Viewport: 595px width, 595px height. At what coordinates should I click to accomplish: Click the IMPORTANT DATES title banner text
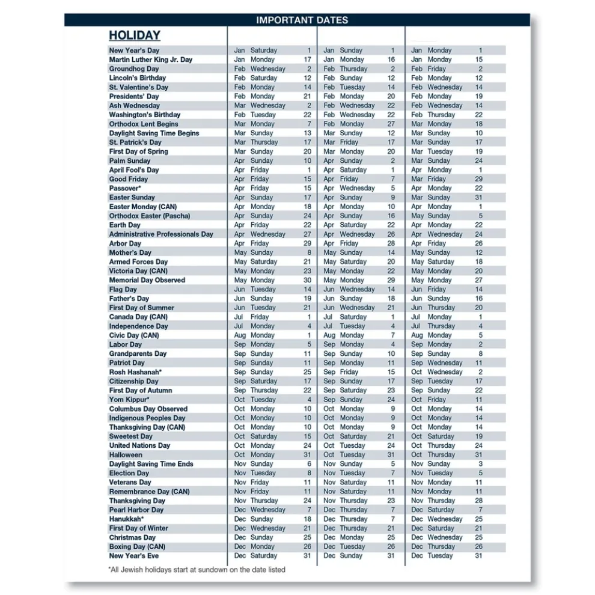[302, 20]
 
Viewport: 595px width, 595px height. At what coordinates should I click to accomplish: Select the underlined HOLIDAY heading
[135, 35]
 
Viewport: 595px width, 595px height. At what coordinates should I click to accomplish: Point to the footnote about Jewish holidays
[197, 569]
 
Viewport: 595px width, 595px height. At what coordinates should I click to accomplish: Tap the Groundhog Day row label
[134, 69]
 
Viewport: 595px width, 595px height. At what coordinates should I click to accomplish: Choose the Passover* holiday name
[124, 188]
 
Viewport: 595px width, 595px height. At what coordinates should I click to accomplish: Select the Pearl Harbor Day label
[136, 510]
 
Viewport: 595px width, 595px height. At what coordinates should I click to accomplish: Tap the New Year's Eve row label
[134, 556]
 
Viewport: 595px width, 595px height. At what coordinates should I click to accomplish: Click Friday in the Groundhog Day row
[437, 69]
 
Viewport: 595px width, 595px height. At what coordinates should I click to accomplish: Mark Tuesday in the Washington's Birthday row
[263, 115]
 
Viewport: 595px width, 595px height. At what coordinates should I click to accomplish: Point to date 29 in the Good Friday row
[478, 179]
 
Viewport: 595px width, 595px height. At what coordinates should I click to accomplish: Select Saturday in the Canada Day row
[353, 317]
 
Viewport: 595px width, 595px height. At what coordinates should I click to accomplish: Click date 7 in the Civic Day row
[392, 335]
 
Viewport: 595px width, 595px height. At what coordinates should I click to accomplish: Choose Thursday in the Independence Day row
[441, 326]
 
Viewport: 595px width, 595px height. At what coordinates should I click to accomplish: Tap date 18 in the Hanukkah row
[308, 519]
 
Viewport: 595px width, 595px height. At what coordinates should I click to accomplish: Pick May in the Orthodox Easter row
[417, 216]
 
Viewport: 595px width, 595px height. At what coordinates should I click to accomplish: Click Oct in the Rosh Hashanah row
[417, 372]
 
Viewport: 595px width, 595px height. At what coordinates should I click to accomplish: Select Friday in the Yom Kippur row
[437, 400]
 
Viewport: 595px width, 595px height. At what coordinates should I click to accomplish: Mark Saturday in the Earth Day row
[353, 225]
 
